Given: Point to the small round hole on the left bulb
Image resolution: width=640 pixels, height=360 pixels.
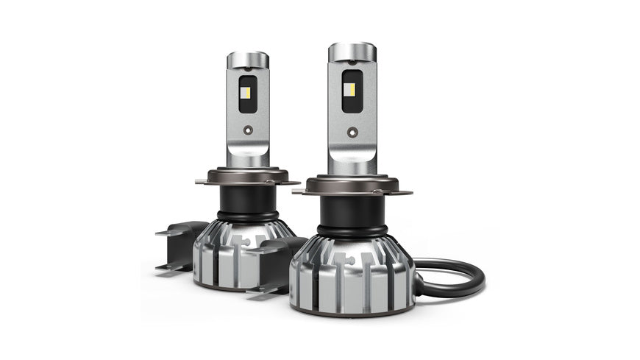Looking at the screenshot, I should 248,130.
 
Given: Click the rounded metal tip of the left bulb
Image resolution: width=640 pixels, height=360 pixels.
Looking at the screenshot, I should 246,60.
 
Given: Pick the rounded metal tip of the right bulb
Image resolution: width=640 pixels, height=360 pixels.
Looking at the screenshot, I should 352,52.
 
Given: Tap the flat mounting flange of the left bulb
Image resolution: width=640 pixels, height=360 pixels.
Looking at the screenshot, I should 246,177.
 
